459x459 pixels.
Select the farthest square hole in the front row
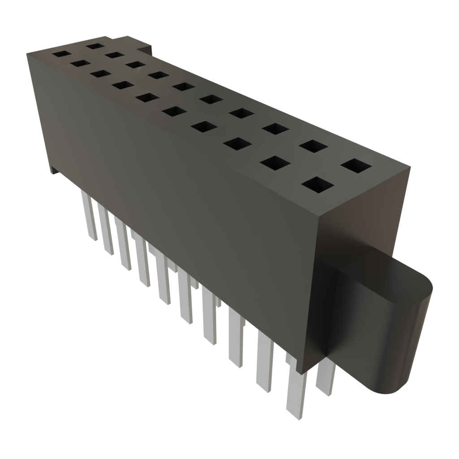[59, 54]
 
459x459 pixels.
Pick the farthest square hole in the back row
[95, 45]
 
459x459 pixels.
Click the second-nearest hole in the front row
[275, 163]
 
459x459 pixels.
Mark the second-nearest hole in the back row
[313, 146]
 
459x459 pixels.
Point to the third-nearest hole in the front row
[238, 144]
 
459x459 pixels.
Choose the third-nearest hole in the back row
[276, 129]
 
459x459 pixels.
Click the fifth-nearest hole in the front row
[173, 111]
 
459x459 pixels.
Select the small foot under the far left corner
[54, 170]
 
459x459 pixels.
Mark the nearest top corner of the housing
[319, 217]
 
